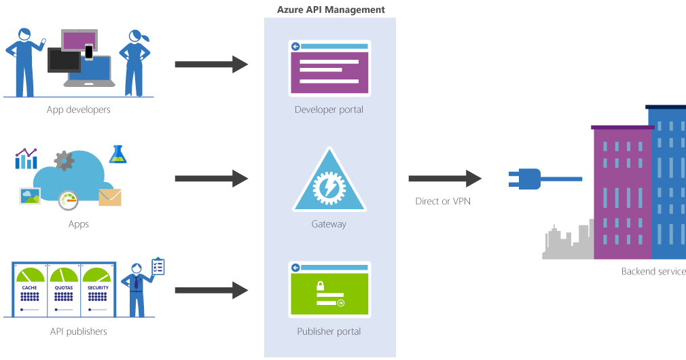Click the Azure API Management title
coord(330,10)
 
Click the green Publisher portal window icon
coord(329,289)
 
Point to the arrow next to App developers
coord(211,65)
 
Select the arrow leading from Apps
coord(211,179)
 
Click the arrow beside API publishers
coord(211,291)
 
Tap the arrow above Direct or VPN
coord(445,179)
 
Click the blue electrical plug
coord(526,179)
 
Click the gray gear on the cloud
coord(64,161)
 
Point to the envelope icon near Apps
coord(109,198)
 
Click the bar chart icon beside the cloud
coord(26,158)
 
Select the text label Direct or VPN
coord(443,201)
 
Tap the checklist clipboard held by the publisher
coord(158,266)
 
